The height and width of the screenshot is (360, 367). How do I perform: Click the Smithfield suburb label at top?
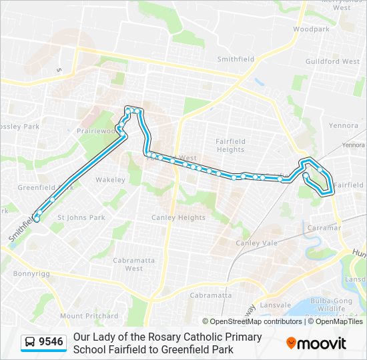pyautogui.click(x=236, y=59)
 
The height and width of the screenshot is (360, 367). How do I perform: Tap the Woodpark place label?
pyautogui.click(x=311, y=29)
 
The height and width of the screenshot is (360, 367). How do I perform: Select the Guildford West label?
pyautogui.click(x=332, y=61)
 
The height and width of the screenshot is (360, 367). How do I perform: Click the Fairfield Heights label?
pyautogui.click(x=230, y=145)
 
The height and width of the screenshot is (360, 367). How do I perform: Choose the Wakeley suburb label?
pyautogui.click(x=110, y=180)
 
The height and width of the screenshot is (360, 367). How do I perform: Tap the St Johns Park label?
pyautogui.click(x=81, y=217)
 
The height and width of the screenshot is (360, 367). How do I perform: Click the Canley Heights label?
pyautogui.click(x=179, y=217)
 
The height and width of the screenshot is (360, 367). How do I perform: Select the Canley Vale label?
pyautogui.click(x=256, y=243)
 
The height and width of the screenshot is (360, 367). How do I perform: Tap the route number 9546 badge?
pyautogui.click(x=51, y=343)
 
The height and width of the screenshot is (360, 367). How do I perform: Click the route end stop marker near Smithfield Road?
pyautogui.click(x=37, y=219)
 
